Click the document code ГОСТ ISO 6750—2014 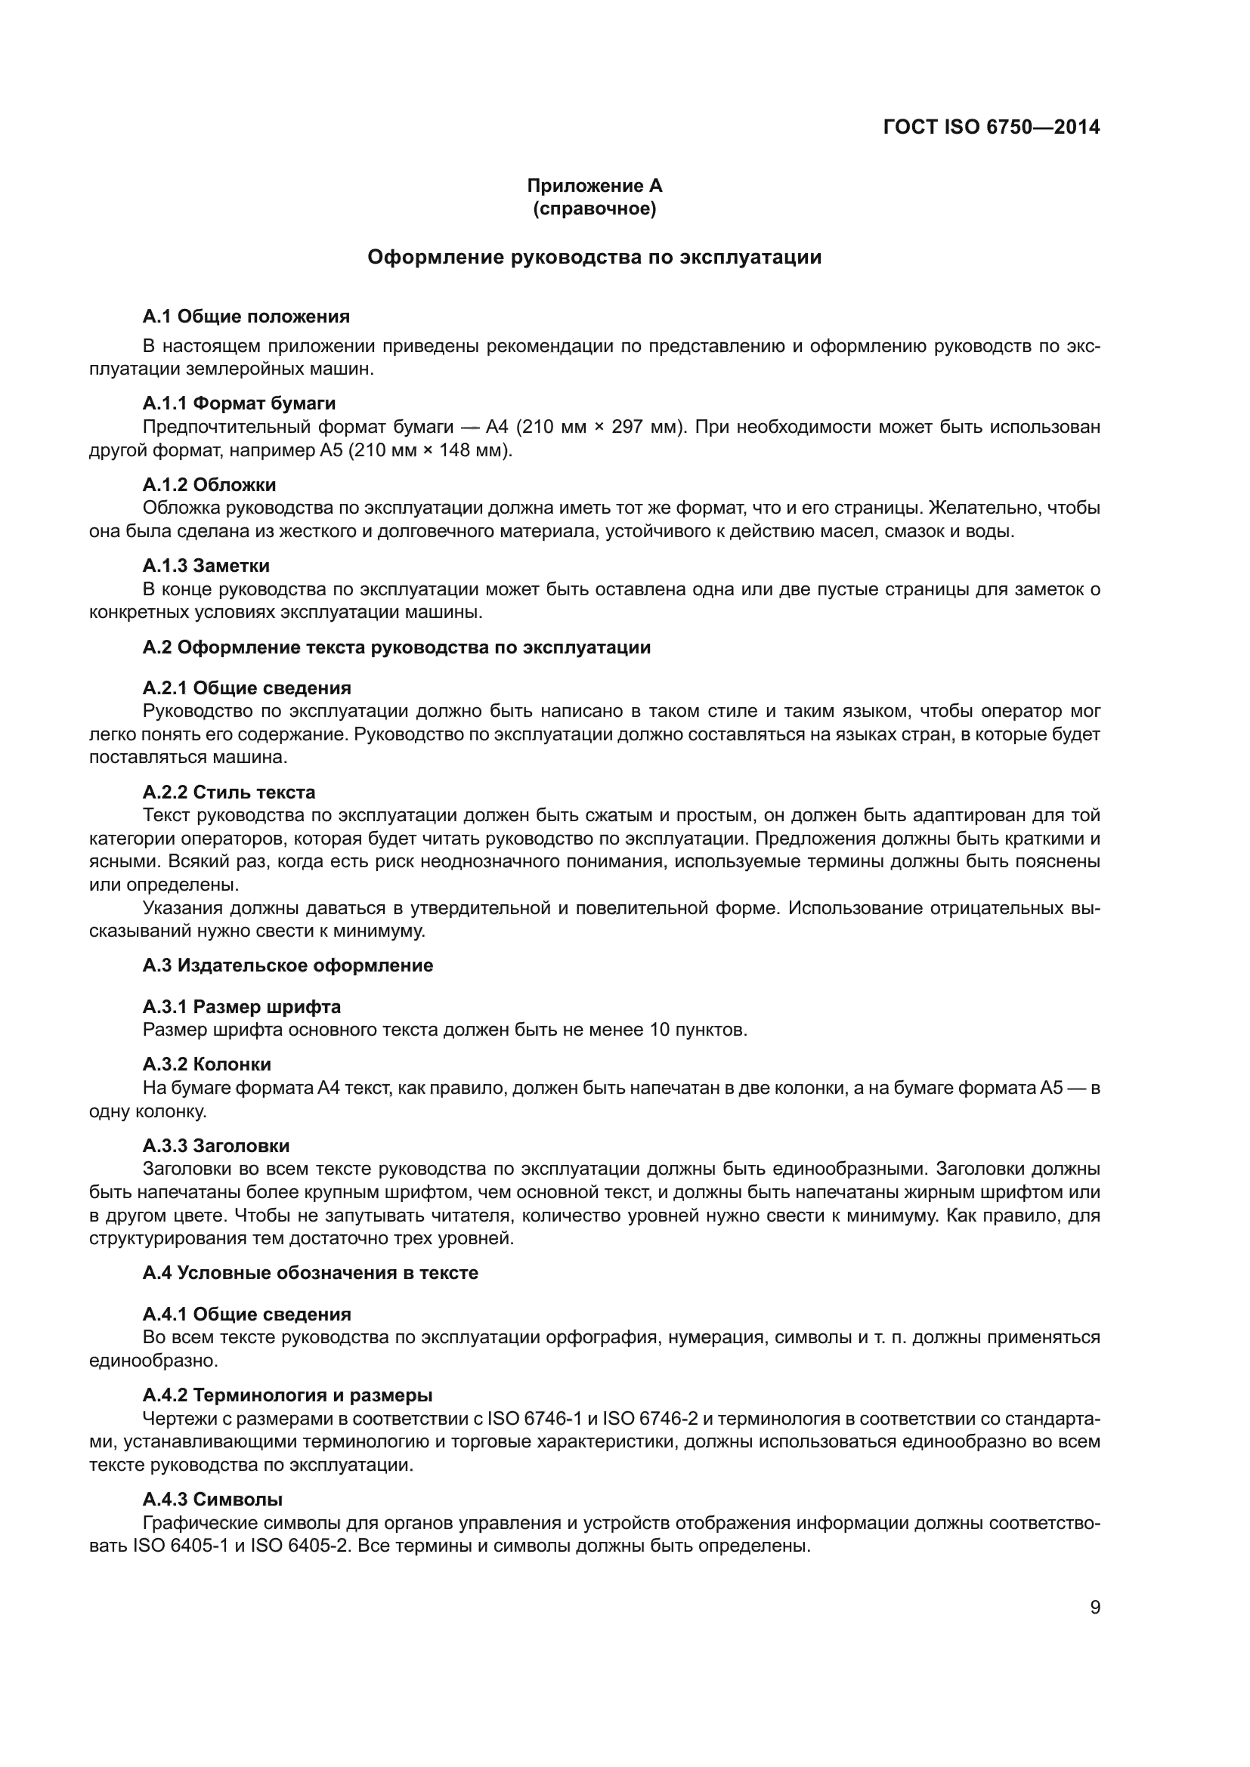coord(992,128)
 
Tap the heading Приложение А coord(594,186)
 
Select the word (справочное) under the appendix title coord(594,209)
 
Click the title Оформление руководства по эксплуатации coord(594,257)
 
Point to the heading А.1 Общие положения coord(246,317)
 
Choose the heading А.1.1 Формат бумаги coord(239,403)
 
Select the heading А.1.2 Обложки coord(209,485)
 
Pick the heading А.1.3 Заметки coord(206,566)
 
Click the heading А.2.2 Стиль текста coord(228,792)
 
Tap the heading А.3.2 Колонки coord(206,1064)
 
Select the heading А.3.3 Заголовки coord(215,1146)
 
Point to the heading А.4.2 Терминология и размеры coord(287,1395)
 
